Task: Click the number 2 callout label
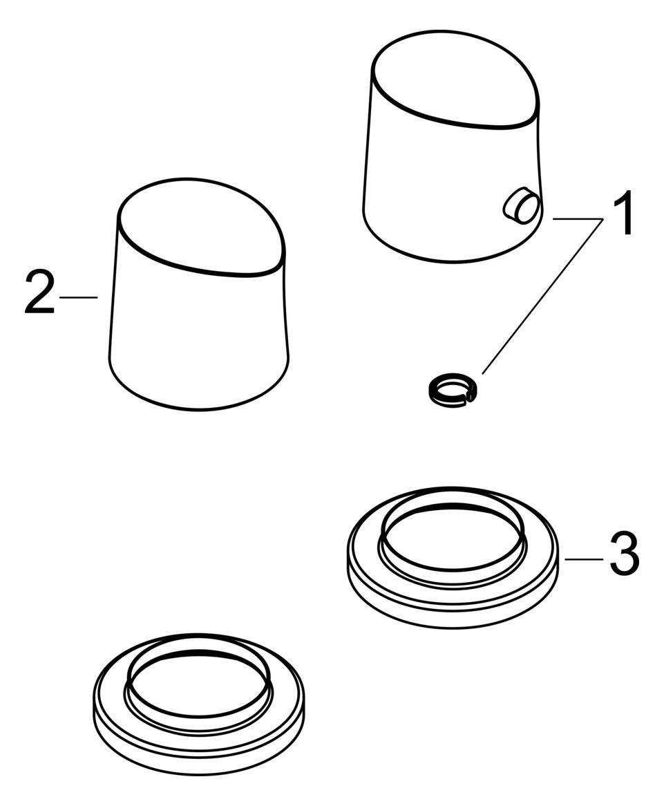coord(39,293)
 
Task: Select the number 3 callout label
coord(625,554)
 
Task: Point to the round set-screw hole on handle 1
coord(520,205)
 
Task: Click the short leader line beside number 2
coord(79,297)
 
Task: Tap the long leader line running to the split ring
coord(542,296)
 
